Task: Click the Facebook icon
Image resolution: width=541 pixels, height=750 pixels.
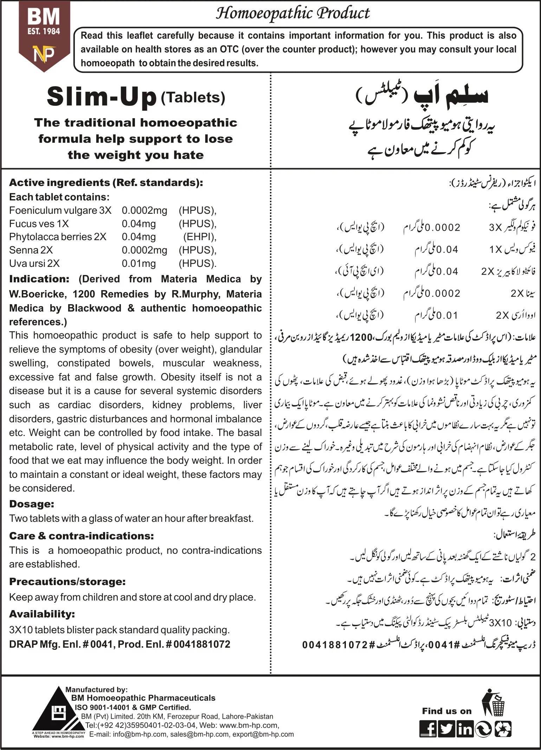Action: click(428, 728)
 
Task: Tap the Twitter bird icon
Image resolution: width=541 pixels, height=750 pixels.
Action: click(446, 728)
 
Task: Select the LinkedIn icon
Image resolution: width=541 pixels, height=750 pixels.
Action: click(465, 728)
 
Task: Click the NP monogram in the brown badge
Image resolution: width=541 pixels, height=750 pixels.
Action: click(44, 53)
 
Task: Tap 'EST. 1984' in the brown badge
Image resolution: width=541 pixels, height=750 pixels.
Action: click(44, 31)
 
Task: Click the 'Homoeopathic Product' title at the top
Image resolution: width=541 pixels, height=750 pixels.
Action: click(292, 13)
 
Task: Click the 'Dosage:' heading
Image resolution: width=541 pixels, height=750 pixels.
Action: click(32, 504)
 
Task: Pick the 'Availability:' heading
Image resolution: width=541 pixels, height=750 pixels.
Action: click(42, 614)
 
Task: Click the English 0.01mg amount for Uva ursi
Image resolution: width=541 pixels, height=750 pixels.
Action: click(139, 263)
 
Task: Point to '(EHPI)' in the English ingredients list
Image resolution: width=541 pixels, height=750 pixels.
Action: click(199, 237)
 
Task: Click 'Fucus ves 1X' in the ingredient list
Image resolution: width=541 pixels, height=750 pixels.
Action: click(39, 224)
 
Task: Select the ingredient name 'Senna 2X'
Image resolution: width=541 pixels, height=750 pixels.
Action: click(31, 250)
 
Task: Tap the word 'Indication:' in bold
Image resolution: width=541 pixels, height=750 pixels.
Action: click(39, 279)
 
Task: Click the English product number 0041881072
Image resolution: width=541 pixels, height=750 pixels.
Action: click(202, 644)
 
